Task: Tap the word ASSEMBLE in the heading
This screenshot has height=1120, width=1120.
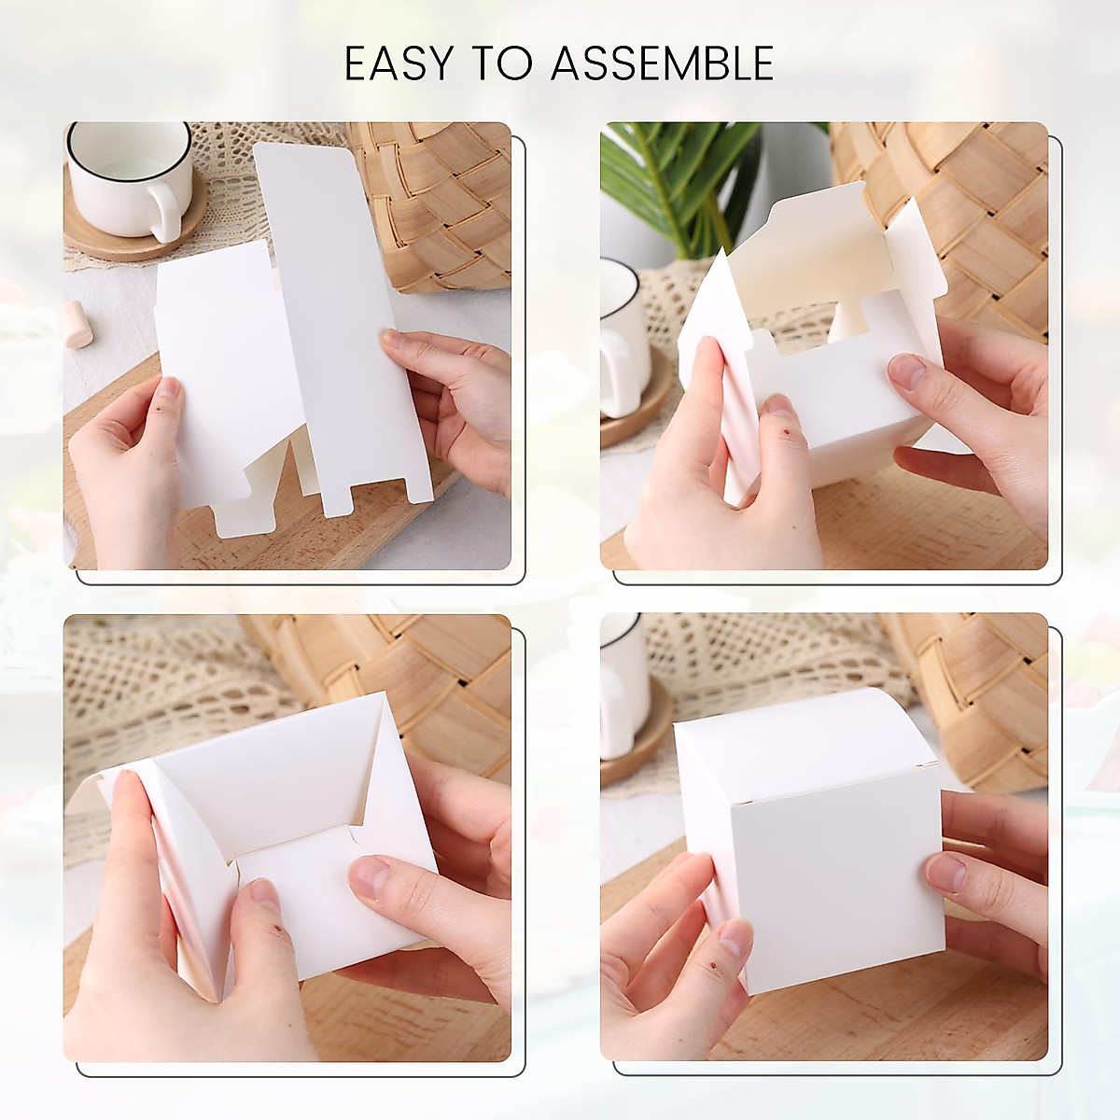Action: pos(662,64)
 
